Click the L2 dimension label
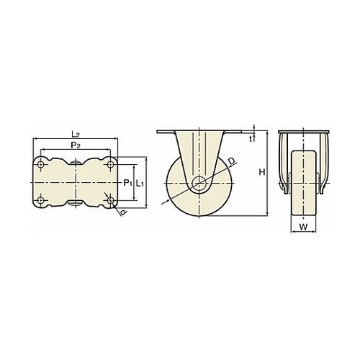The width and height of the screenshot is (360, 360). [x=76, y=134]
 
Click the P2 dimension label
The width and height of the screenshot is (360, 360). [x=76, y=145]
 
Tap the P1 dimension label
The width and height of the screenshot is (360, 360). [x=127, y=183]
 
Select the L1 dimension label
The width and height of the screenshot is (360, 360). [x=140, y=183]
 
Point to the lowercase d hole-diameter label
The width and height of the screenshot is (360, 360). [x=123, y=212]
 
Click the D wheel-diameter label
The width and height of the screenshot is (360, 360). [x=232, y=161]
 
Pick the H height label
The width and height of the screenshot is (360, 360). [x=262, y=172]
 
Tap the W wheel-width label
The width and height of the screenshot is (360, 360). [x=303, y=227]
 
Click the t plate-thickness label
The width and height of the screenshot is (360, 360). [x=251, y=139]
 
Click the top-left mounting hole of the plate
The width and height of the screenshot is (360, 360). [x=40, y=165]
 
